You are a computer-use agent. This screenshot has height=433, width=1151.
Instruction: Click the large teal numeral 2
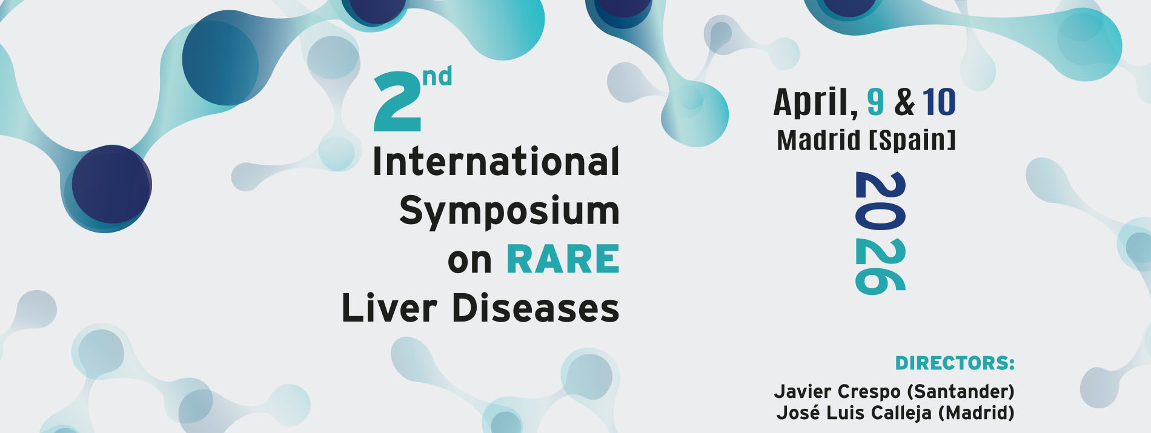[397, 101]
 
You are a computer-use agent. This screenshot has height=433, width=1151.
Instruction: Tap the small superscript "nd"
[437, 76]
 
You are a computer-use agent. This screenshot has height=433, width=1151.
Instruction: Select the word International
[496, 162]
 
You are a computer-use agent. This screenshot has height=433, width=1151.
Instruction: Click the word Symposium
[509, 211]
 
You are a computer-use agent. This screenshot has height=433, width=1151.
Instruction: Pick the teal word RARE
[563, 260]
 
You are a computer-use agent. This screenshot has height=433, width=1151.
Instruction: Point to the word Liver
[390, 308]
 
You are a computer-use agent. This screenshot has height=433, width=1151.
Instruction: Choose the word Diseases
[536, 308]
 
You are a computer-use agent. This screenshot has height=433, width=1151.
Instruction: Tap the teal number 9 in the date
[875, 102]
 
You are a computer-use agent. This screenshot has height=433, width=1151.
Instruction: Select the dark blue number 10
[939, 102]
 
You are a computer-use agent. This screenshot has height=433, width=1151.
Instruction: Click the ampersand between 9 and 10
[904, 102]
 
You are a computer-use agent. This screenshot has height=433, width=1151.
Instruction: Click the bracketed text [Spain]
[912, 140]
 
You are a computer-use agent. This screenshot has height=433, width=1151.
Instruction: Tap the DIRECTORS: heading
[955, 363]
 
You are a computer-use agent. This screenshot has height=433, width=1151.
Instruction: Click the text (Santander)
[960, 391]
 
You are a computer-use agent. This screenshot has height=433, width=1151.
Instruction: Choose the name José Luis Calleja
[854, 412]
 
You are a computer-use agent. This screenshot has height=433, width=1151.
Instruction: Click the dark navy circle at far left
[111, 184]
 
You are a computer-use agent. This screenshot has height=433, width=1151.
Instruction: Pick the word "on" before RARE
[469, 262]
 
